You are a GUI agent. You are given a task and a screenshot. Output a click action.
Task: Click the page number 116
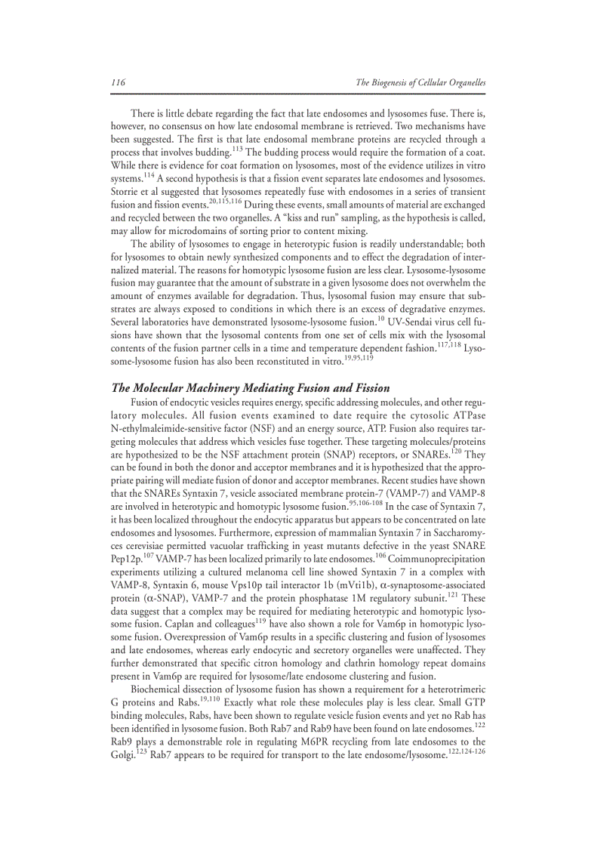[x=118, y=82]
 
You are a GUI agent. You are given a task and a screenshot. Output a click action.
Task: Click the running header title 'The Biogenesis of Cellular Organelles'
[x=420, y=82]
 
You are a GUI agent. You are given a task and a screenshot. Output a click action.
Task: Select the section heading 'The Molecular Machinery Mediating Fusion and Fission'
[x=250, y=387]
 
